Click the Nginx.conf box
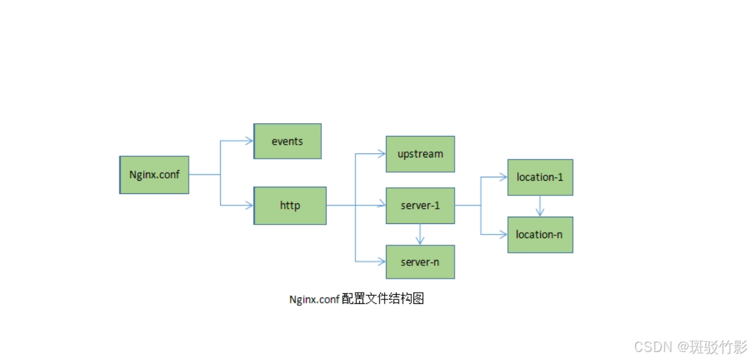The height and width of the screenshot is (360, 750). (154, 175)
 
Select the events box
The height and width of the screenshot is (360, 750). (287, 141)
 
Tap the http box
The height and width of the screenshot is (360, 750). (290, 205)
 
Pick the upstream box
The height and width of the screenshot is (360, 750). (420, 154)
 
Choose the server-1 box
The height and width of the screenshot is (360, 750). (420, 205)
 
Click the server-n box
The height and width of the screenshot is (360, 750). (420, 262)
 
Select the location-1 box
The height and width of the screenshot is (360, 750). (540, 177)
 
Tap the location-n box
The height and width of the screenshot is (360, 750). (540, 235)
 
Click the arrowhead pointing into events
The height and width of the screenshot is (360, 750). (249, 141)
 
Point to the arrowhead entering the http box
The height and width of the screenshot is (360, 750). (249, 205)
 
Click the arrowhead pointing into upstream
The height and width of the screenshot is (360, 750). (381, 154)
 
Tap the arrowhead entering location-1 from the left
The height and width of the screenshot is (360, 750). (503, 177)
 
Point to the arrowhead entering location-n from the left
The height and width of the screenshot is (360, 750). (503, 235)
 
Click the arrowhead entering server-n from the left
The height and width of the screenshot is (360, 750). (381, 262)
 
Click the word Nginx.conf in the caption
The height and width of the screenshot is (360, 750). (314, 299)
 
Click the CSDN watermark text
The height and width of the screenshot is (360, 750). (652, 347)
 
